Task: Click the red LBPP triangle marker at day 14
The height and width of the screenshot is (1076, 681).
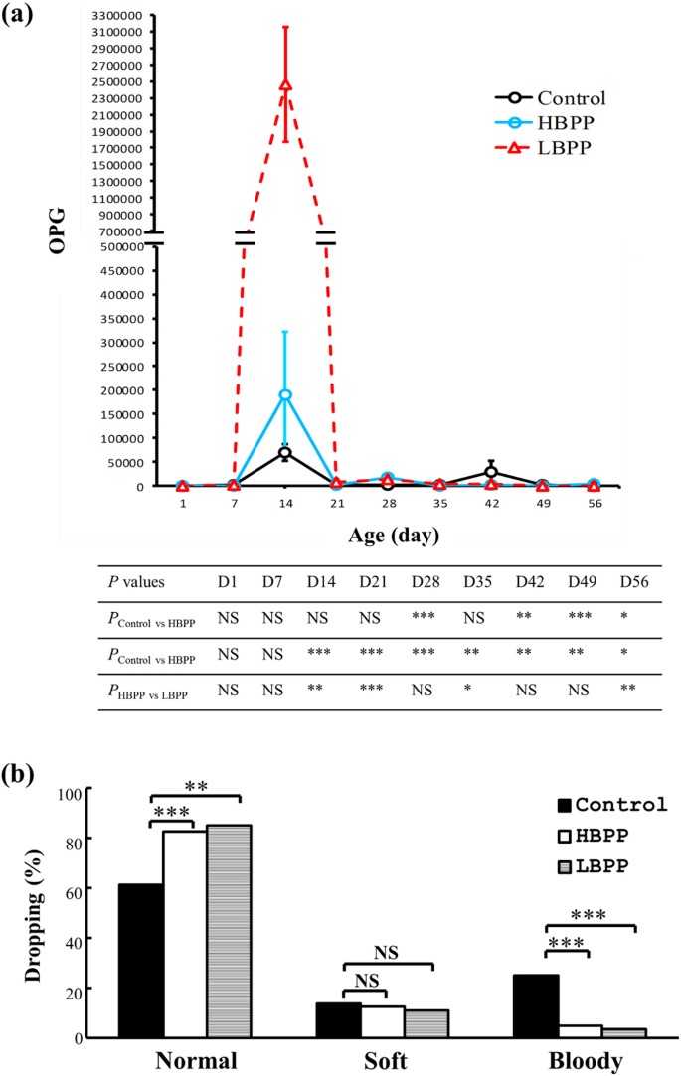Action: (285, 85)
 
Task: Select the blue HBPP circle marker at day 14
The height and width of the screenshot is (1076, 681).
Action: (285, 394)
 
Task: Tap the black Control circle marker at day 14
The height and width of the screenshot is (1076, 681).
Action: (285, 453)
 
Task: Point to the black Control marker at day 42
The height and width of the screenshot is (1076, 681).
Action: (491, 473)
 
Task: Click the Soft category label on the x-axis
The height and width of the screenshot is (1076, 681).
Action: (387, 1062)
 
